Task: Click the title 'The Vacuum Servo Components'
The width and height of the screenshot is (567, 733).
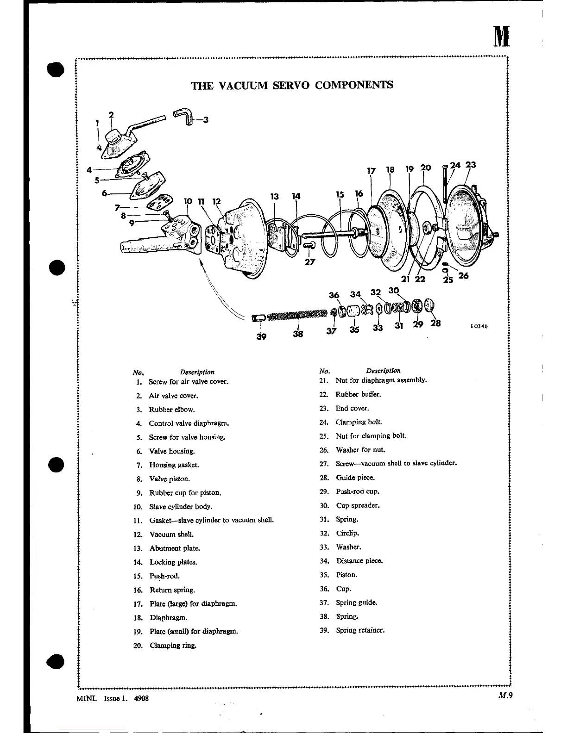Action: click(x=292, y=85)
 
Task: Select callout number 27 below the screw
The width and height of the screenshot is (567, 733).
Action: click(x=309, y=262)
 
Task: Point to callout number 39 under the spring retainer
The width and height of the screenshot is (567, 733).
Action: click(x=261, y=336)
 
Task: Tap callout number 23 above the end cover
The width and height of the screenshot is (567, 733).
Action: click(x=471, y=165)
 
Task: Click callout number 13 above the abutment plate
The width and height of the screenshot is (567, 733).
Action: click(x=275, y=196)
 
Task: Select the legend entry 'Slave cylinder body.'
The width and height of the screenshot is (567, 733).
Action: click(x=181, y=507)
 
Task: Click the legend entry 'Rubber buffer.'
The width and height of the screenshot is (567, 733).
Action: click(x=358, y=395)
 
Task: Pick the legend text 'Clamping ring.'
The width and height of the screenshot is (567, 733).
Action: click(x=173, y=646)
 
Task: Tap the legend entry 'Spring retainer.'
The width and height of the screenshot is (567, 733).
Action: click(x=360, y=630)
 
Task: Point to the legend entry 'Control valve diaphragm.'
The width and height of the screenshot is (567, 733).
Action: click(x=189, y=423)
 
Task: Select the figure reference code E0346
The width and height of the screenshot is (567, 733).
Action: click(x=479, y=326)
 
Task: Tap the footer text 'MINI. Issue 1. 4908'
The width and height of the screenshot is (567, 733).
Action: click(x=113, y=699)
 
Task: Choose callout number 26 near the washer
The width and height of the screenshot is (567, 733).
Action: click(x=463, y=276)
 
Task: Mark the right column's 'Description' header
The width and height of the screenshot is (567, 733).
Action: click(x=383, y=371)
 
